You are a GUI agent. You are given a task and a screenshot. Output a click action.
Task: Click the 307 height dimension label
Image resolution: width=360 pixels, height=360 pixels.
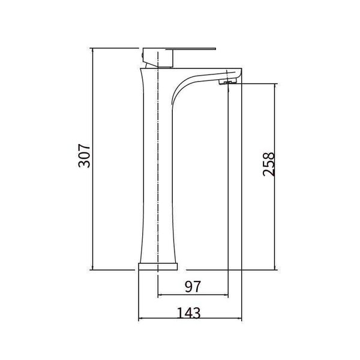pos(84,156)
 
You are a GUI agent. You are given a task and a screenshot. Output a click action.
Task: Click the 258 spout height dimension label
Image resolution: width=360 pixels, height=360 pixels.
pos(269,164)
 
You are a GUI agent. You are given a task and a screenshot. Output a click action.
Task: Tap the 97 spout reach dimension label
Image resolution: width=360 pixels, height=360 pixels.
pos(193,287)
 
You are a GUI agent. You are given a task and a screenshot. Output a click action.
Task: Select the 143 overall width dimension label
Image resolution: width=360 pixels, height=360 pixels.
pos(189,313)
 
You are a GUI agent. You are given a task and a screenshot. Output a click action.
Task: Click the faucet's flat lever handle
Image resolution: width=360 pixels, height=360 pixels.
pos(191,49)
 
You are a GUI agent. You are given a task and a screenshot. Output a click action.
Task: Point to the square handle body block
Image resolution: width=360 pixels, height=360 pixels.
pos(157,58)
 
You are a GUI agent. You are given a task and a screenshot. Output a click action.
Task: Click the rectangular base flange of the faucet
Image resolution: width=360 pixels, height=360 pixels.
pos(158,266)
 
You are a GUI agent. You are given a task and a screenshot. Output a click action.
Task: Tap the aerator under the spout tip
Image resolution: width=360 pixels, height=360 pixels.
pos(227,81)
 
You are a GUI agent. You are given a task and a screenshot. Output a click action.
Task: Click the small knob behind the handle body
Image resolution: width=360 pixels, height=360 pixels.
pos(142,55)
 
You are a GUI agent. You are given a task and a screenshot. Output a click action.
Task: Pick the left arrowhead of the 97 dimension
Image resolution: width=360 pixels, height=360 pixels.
pos(160,295)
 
